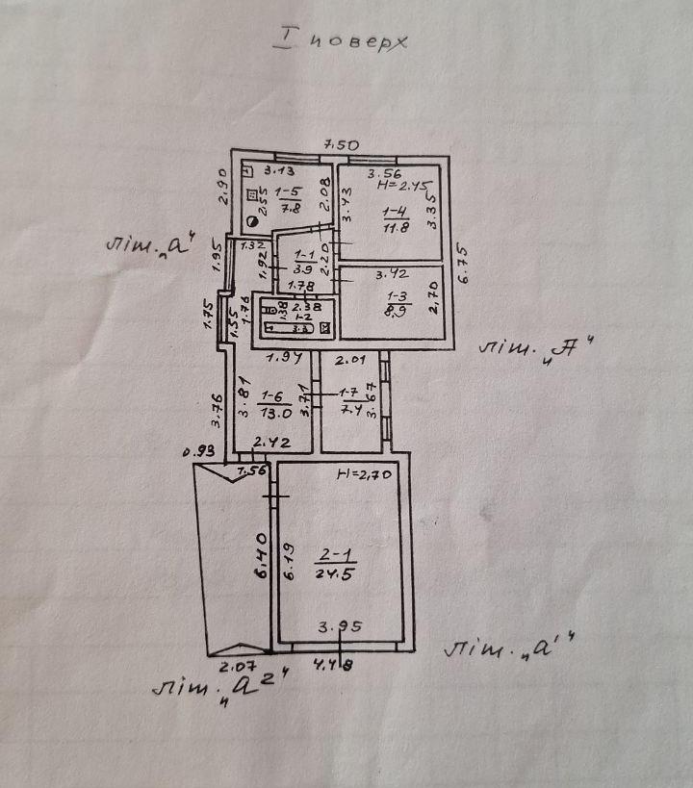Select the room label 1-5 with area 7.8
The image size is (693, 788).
[x=285, y=198]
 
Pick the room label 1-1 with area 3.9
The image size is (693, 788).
[x=301, y=260]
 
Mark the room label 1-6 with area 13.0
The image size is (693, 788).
[x=271, y=407]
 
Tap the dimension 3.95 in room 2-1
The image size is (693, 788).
[x=338, y=626]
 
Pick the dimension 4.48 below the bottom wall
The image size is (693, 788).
[x=335, y=663]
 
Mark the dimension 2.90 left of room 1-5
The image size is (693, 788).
[x=219, y=188]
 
